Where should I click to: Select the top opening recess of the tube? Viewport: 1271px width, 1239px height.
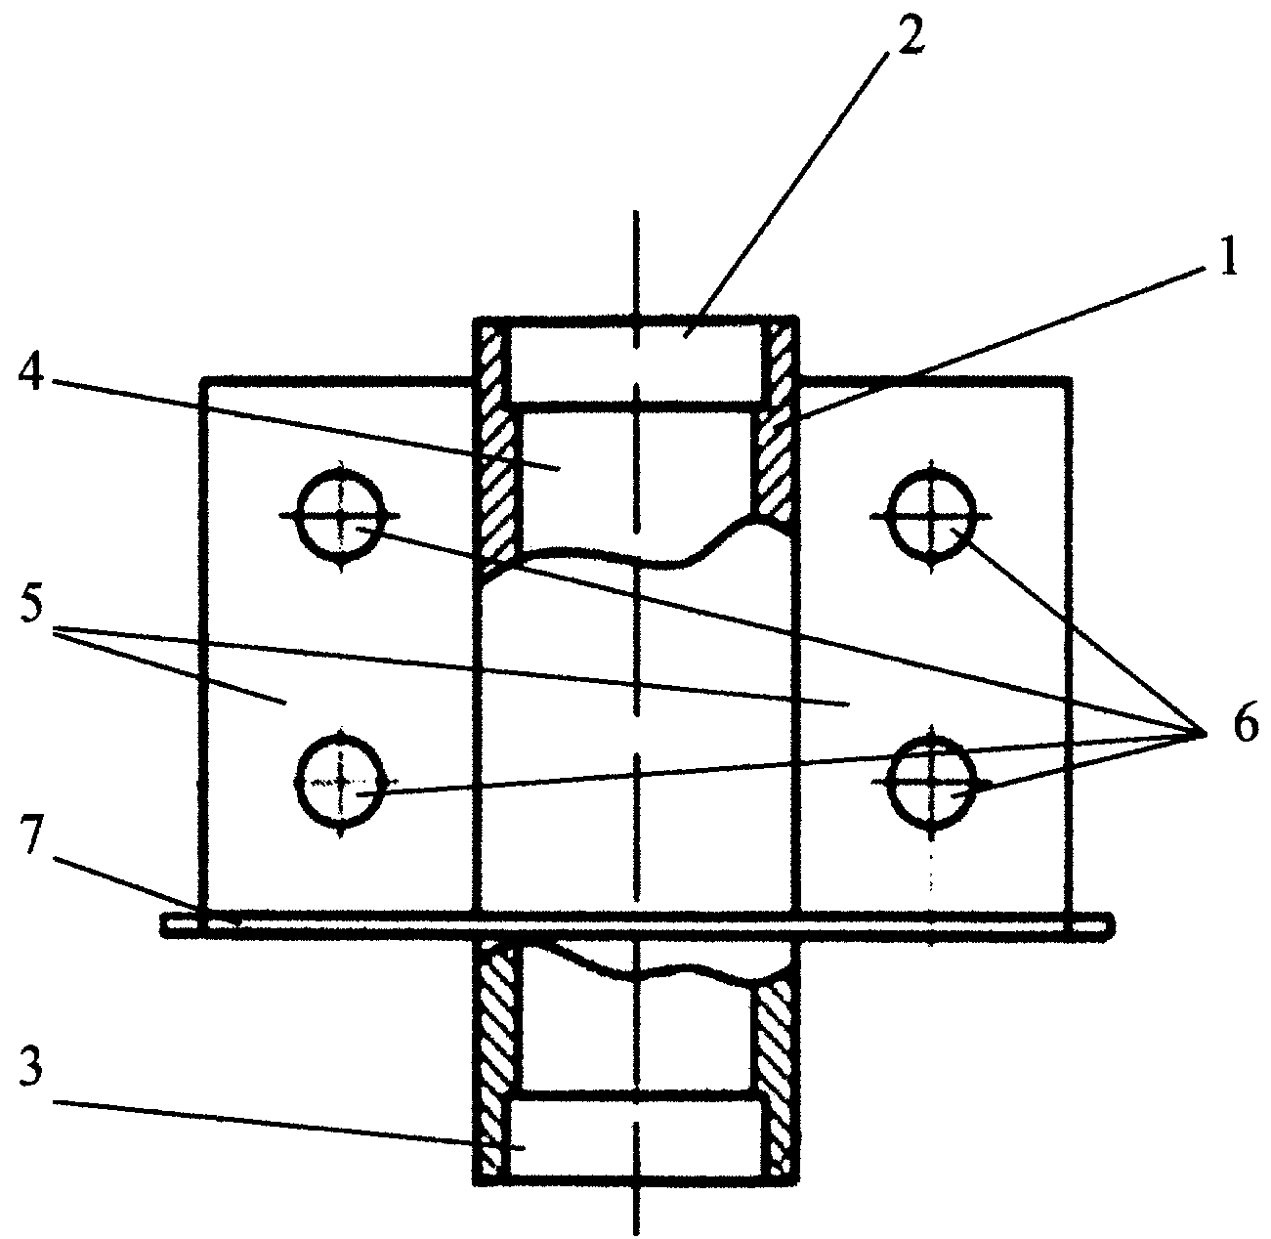point(635,360)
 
